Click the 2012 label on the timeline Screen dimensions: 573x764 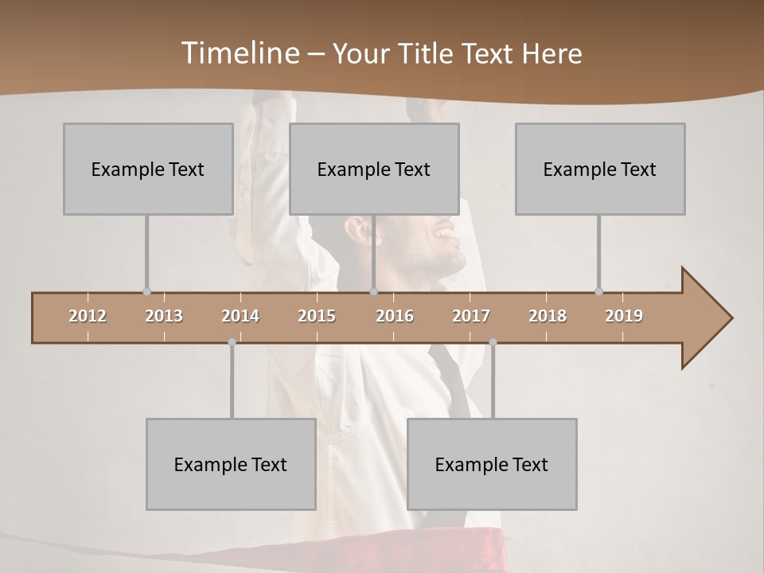click(x=88, y=316)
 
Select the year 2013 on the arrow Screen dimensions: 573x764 click(x=164, y=316)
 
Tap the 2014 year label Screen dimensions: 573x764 click(x=240, y=316)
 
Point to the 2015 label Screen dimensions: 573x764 click(x=317, y=316)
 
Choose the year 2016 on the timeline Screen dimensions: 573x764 click(x=395, y=316)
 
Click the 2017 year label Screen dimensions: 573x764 click(x=471, y=316)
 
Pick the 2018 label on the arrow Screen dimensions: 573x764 click(x=548, y=316)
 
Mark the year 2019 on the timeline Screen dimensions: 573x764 click(x=624, y=316)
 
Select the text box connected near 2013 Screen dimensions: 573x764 click(x=148, y=169)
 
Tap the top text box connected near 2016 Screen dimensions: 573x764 click(x=374, y=169)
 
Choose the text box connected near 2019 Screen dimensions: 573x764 click(x=600, y=169)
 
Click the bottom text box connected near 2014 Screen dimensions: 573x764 click(x=231, y=464)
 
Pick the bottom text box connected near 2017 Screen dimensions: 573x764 click(x=492, y=464)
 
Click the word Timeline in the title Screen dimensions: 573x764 click(x=239, y=53)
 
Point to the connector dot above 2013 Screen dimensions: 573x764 click(x=146, y=291)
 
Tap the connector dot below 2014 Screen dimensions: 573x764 click(x=232, y=342)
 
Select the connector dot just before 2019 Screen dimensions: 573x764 click(x=598, y=291)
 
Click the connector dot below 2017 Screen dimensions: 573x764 click(x=493, y=342)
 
